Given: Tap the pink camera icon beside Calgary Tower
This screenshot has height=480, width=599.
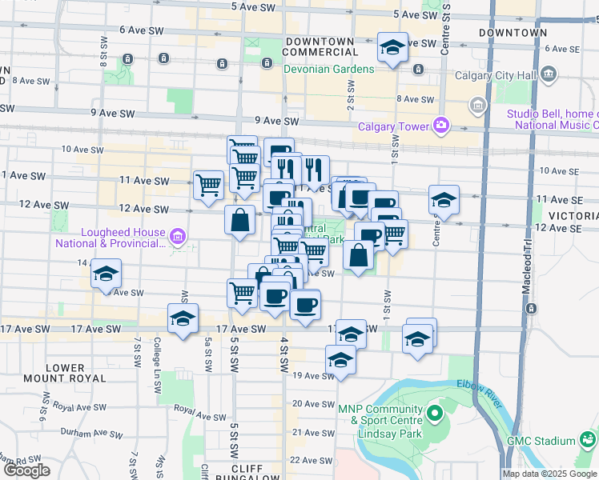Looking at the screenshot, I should coord(440,125).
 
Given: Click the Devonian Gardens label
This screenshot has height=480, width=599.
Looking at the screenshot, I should coord(328,69).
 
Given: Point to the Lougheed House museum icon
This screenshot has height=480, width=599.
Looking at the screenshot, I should coord(178,235).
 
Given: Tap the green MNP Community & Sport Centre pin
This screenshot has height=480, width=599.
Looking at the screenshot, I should coord(435,414).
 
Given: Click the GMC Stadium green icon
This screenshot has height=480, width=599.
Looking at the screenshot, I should coord(589,440).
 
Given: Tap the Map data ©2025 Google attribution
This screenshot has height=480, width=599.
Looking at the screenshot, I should coord(549,474).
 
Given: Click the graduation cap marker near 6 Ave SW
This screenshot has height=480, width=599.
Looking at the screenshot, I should coord(392,49).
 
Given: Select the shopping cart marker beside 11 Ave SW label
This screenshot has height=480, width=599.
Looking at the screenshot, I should coord(209,185).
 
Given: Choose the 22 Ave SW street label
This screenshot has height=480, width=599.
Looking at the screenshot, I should coord(305,460).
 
